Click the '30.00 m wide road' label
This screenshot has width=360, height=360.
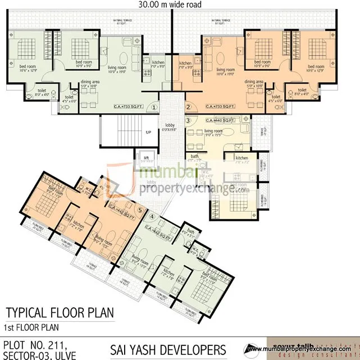click(170, 4)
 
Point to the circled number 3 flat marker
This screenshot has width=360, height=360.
click(189, 120)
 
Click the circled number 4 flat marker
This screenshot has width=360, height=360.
click(152, 216)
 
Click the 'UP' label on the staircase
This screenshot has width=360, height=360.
click(148, 132)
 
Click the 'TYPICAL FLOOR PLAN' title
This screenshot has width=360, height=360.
click(59, 312)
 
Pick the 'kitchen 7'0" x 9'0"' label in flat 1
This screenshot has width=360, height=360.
click(158, 64)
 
